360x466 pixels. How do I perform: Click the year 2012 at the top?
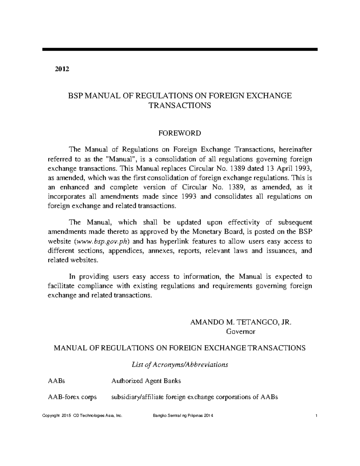click(62, 69)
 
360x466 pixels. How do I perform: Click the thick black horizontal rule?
click(180, 49)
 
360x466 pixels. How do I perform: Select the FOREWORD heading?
click(180, 133)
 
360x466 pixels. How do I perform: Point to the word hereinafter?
click(295, 149)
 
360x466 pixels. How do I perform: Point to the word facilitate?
click(62, 286)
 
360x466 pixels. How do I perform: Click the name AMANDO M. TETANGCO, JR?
click(241, 322)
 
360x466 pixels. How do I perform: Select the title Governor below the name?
click(240, 332)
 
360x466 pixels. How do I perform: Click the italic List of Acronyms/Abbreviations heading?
click(180, 365)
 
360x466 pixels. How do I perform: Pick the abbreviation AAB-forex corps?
click(72, 397)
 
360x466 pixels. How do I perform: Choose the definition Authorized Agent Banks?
click(146, 381)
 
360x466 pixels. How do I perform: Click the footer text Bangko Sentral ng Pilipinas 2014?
click(183, 416)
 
